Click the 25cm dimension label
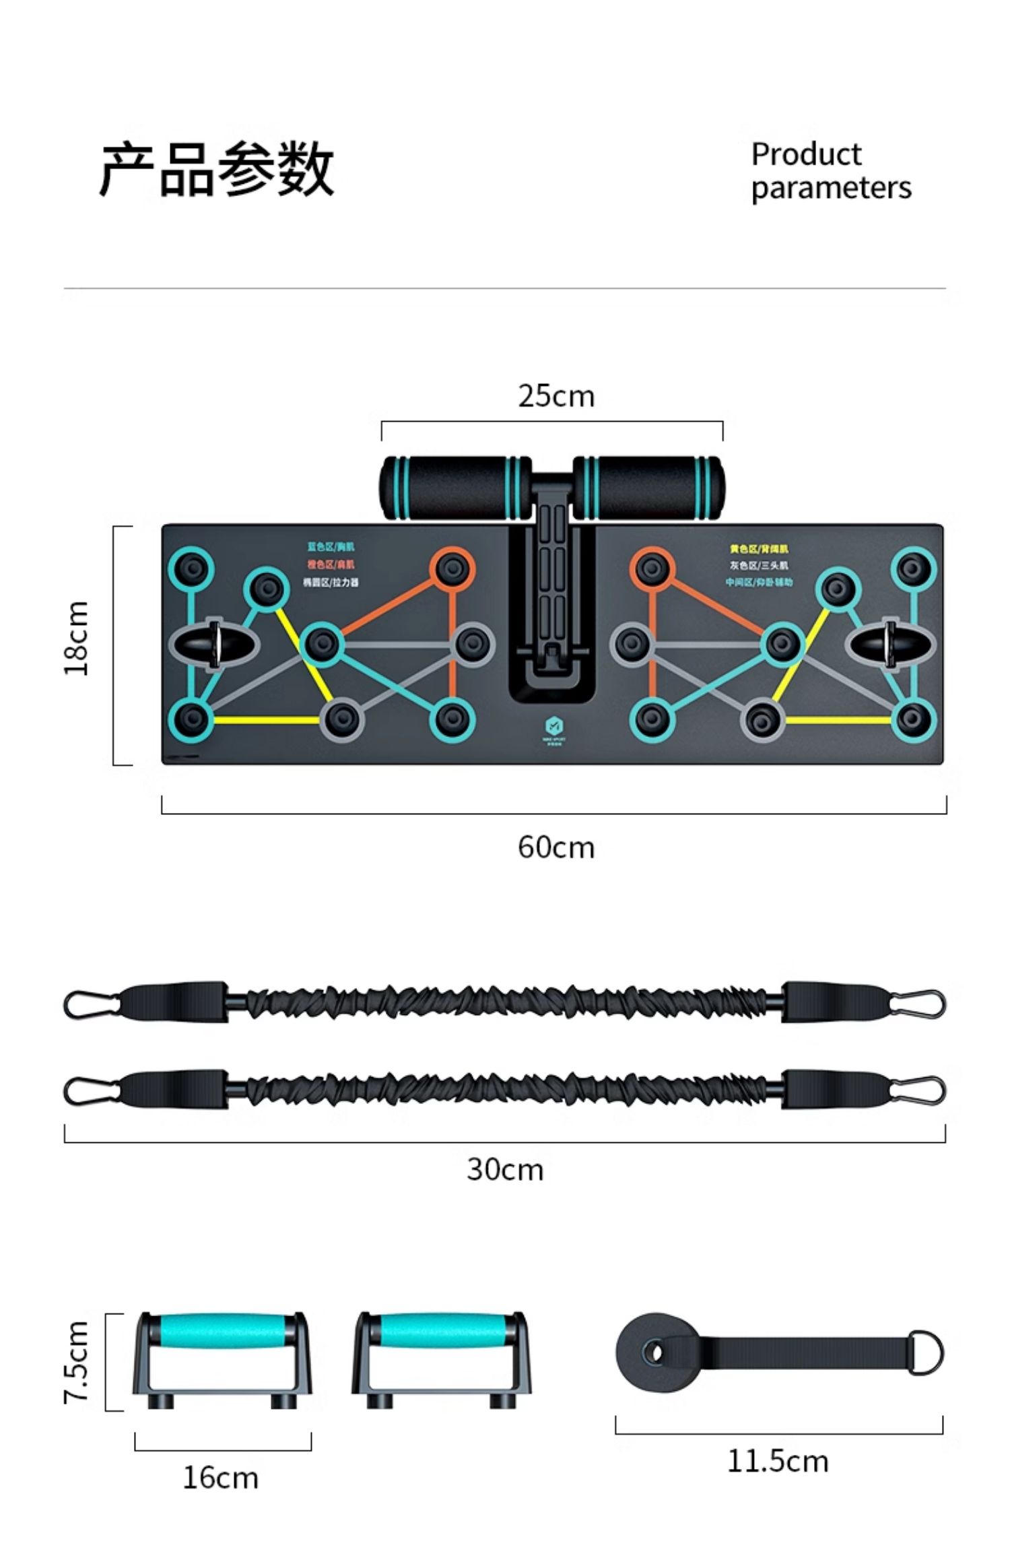click(556, 396)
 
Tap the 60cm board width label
click(556, 847)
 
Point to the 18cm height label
click(76, 637)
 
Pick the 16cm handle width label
click(221, 1478)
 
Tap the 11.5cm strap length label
click(778, 1461)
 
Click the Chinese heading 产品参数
click(217, 170)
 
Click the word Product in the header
click(806, 154)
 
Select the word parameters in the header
click(831, 188)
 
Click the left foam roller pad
click(455, 488)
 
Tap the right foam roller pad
click(649, 488)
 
